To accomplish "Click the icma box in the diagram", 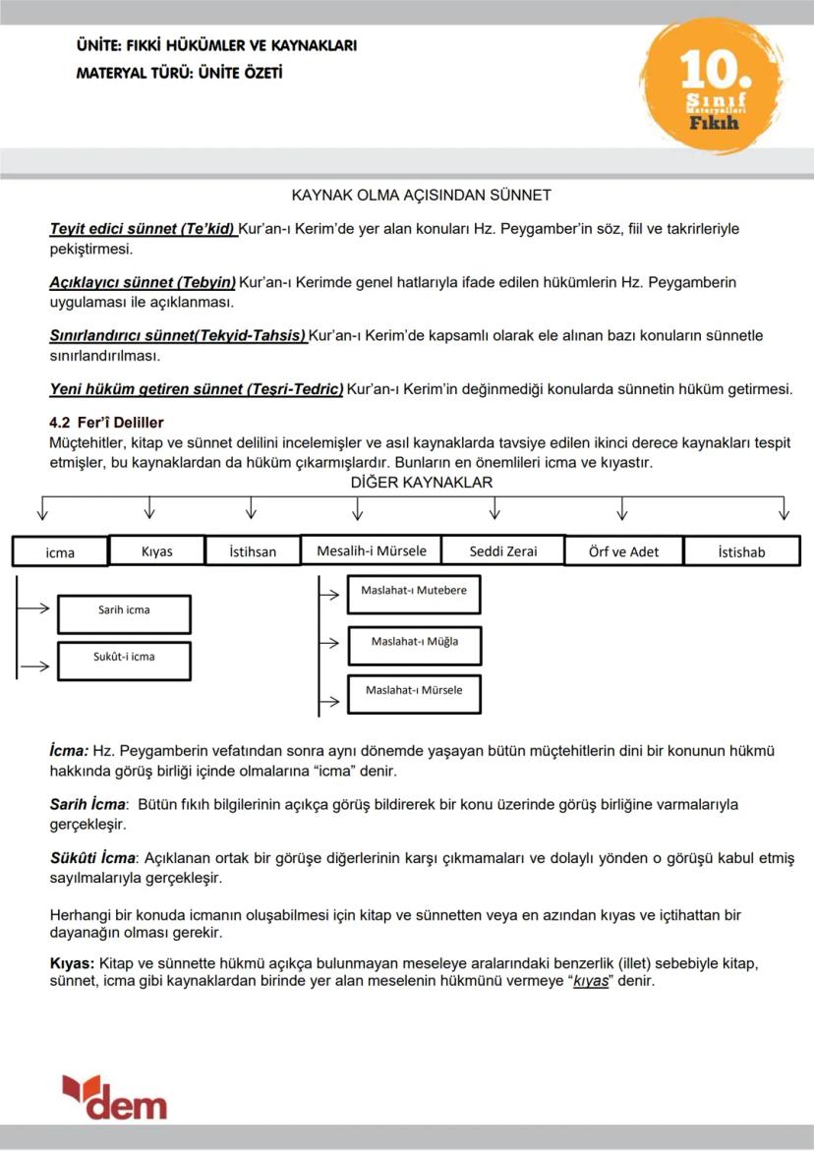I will point(60,552).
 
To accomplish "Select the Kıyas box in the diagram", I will point(156,551).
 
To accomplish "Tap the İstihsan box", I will point(253,551).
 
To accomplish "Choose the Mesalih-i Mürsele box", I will point(371,550).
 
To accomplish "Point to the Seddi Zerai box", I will point(502,550).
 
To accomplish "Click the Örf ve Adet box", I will point(623,551).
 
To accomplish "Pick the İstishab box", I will point(741,551).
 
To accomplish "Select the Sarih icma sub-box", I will point(124,610).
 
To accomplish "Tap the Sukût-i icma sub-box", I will point(124,657).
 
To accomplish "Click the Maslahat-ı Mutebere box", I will point(414,592).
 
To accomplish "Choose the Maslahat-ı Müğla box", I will point(414,642).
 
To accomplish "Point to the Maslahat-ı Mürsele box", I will point(414,690).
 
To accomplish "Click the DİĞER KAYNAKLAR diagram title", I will point(421,483).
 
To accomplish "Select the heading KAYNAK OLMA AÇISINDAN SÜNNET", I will point(421,196).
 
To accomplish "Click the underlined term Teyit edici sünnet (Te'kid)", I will point(143,229).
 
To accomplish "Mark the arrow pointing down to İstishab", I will point(784,508).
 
